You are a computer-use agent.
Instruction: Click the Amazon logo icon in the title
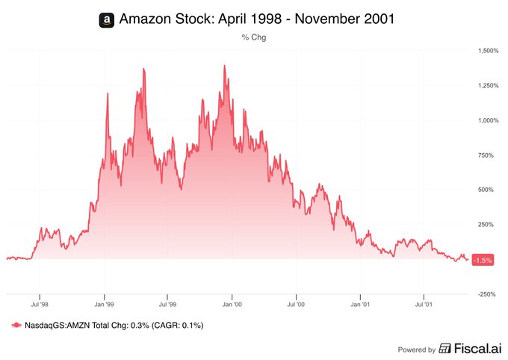click(107, 19)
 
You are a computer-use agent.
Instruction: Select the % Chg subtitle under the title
click(254, 37)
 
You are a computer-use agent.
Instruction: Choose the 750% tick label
click(489, 155)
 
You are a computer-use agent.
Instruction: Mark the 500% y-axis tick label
click(489, 190)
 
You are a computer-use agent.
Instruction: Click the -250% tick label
click(489, 294)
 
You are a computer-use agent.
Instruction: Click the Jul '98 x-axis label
click(40, 305)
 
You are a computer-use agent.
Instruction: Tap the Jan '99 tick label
click(105, 305)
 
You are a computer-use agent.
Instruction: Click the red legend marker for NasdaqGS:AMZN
click(16, 326)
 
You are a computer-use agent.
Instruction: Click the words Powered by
click(417, 349)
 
